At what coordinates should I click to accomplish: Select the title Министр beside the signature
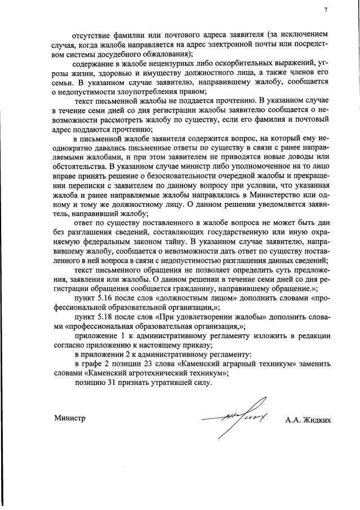pyautogui.click(x=69, y=418)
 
